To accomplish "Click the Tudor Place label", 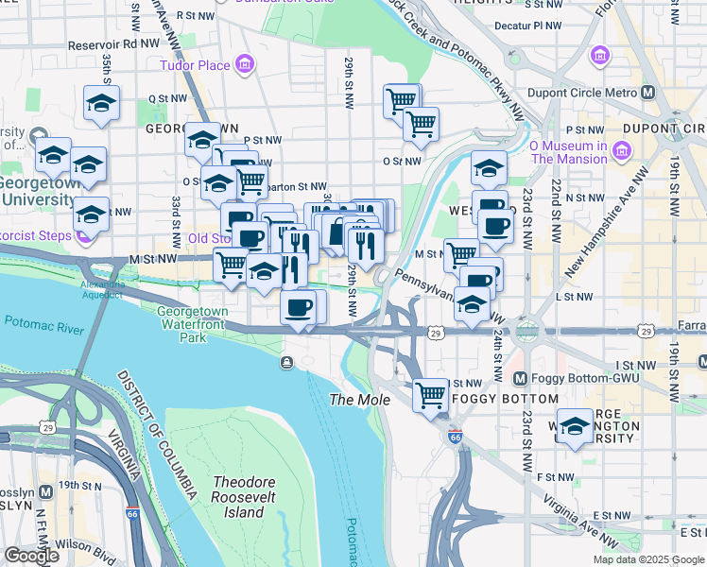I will [x=194, y=65].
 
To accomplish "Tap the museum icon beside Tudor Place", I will [x=245, y=64].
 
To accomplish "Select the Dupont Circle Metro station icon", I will [x=648, y=93].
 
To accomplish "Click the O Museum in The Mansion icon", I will [x=622, y=151].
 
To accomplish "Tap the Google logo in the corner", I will [x=31, y=556].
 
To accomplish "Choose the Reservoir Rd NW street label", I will [x=110, y=44].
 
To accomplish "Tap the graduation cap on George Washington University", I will [x=574, y=425].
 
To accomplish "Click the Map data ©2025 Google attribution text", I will [x=647, y=559].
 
